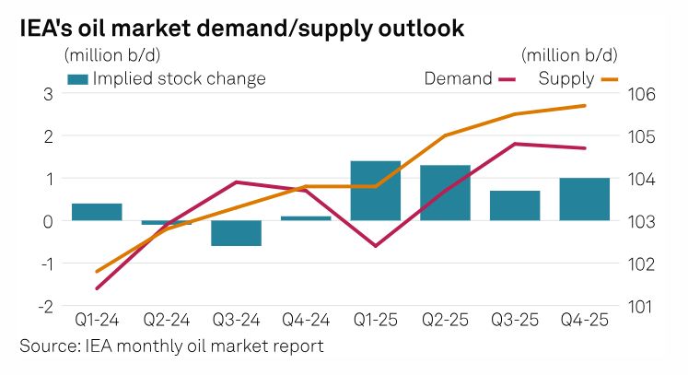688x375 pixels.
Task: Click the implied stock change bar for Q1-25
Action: coord(375,191)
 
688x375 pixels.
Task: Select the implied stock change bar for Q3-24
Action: coord(236,233)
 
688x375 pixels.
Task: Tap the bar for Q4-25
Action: coord(584,199)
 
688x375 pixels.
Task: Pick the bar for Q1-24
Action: coord(97,212)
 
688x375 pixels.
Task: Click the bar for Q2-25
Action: coord(445,193)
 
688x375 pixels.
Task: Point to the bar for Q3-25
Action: coord(514,205)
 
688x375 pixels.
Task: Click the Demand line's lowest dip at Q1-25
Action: coord(375,246)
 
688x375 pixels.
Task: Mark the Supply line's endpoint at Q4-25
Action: coord(585,106)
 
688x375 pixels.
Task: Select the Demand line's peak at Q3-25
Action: coord(514,144)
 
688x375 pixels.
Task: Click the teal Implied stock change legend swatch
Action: coord(78,79)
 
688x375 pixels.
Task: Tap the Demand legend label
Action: coord(458,78)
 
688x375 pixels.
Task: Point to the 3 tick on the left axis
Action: coord(47,94)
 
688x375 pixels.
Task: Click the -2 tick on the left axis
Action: coord(44,306)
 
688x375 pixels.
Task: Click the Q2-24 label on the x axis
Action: coord(166,322)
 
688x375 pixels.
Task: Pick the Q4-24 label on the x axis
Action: coord(305,322)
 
